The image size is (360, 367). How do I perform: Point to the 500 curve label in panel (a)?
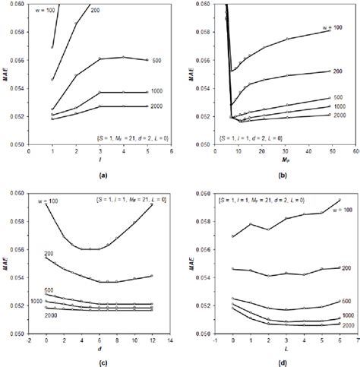click(156, 60)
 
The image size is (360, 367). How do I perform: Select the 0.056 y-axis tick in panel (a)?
click(17, 60)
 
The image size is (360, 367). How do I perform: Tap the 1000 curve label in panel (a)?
click(156, 92)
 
